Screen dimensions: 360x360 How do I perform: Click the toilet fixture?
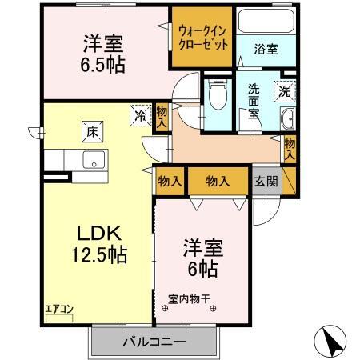218,94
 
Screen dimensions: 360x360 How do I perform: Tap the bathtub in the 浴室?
266,21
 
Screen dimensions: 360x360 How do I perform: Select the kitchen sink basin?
94,159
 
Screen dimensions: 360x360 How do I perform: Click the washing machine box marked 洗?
285,91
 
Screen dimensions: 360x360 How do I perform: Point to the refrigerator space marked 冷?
141,116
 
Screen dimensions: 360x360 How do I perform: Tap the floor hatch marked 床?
93,132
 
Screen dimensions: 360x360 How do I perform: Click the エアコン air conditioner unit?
59,318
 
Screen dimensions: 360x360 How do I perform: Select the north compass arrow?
330,342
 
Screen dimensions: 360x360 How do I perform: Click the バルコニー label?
154,341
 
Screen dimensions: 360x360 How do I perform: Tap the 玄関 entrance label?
266,182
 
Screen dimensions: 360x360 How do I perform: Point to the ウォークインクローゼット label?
203,38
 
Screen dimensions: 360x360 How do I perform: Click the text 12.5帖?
99,254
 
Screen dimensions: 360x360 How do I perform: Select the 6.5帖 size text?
103,65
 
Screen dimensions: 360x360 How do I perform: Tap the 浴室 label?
266,49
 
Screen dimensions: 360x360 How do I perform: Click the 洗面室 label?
254,102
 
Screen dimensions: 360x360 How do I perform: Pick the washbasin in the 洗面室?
287,118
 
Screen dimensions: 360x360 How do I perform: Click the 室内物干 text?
190,298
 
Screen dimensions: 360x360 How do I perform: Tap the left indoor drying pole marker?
165,309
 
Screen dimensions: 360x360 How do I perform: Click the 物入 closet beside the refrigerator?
162,117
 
